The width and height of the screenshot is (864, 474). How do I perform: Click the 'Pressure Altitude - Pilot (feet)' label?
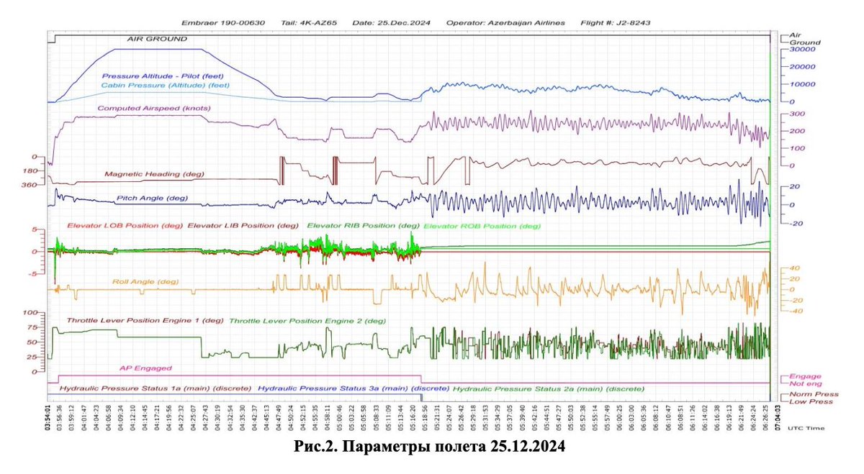(x=165, y=75)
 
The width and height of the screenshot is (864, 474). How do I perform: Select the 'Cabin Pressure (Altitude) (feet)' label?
(x=165, y=85)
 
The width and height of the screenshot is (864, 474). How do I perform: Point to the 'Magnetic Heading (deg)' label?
(x=154, y=173)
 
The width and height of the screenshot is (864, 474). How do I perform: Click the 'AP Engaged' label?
(x=145, y=368)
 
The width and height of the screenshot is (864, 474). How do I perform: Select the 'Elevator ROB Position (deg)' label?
(x=482, y=226)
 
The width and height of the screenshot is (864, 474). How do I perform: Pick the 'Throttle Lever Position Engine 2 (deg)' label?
(x=307, y=321)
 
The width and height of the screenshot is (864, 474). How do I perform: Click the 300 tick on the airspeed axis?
(x=796, y=114)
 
